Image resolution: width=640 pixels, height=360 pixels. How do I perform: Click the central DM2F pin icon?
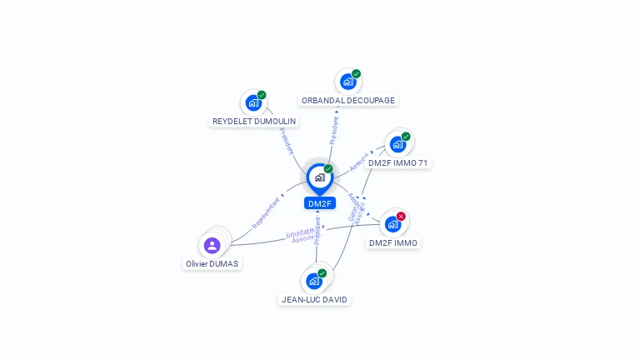pyautogui.click(x=319, y=177)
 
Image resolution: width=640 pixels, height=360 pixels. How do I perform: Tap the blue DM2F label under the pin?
pyautogui.click(x=319, y=203)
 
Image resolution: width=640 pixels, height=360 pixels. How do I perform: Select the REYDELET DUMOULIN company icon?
pyautogui.click(x=252, y=103)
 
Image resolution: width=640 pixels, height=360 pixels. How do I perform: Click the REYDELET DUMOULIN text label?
pyautogui.click(x=254, y=122)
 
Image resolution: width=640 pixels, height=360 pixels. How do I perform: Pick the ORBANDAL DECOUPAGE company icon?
pyautogui.click(x=347, y=82)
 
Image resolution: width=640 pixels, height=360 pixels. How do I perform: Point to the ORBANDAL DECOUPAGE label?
pyautogui.click(x=348, y=100)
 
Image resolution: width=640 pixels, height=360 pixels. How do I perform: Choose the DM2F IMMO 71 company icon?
pyautogui.click(x=397, y=144)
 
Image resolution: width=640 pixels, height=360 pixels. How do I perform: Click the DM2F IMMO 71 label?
pyautogui.click(x=398, y=163)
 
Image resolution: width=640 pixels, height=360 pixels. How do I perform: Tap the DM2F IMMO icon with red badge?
pyautogui.click(x=392, y=224)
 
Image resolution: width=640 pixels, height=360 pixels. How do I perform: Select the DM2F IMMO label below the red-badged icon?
pyautogui.click(x=393, y=242)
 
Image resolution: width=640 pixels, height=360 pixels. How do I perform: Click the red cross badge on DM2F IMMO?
pyautogui.click(x=401, y=217)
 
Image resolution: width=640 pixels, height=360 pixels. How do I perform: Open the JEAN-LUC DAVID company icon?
pyautogui.click(x=314, y=281)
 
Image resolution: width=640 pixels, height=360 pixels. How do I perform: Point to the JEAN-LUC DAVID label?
pyautogui.click(x=314, y=299)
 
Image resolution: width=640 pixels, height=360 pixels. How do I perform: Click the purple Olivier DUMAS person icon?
pyautogui.click(x=212, y=245)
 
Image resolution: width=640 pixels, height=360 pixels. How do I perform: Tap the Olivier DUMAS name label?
pyautogui.click(x=212, y=263)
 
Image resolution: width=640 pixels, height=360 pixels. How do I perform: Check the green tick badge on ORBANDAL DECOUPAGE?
pyautogui.click(x=356, y=74)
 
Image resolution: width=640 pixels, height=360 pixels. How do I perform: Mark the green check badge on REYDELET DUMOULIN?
pyautogui.click(x=262, y=95)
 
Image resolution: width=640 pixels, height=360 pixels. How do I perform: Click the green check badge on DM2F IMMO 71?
pyautogui.click(x=406, y=137)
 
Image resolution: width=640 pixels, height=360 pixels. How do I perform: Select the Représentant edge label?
pyautogui.click(x=267, y=212)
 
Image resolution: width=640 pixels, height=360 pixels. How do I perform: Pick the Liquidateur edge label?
pyautogui.click(x=300, y=232)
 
